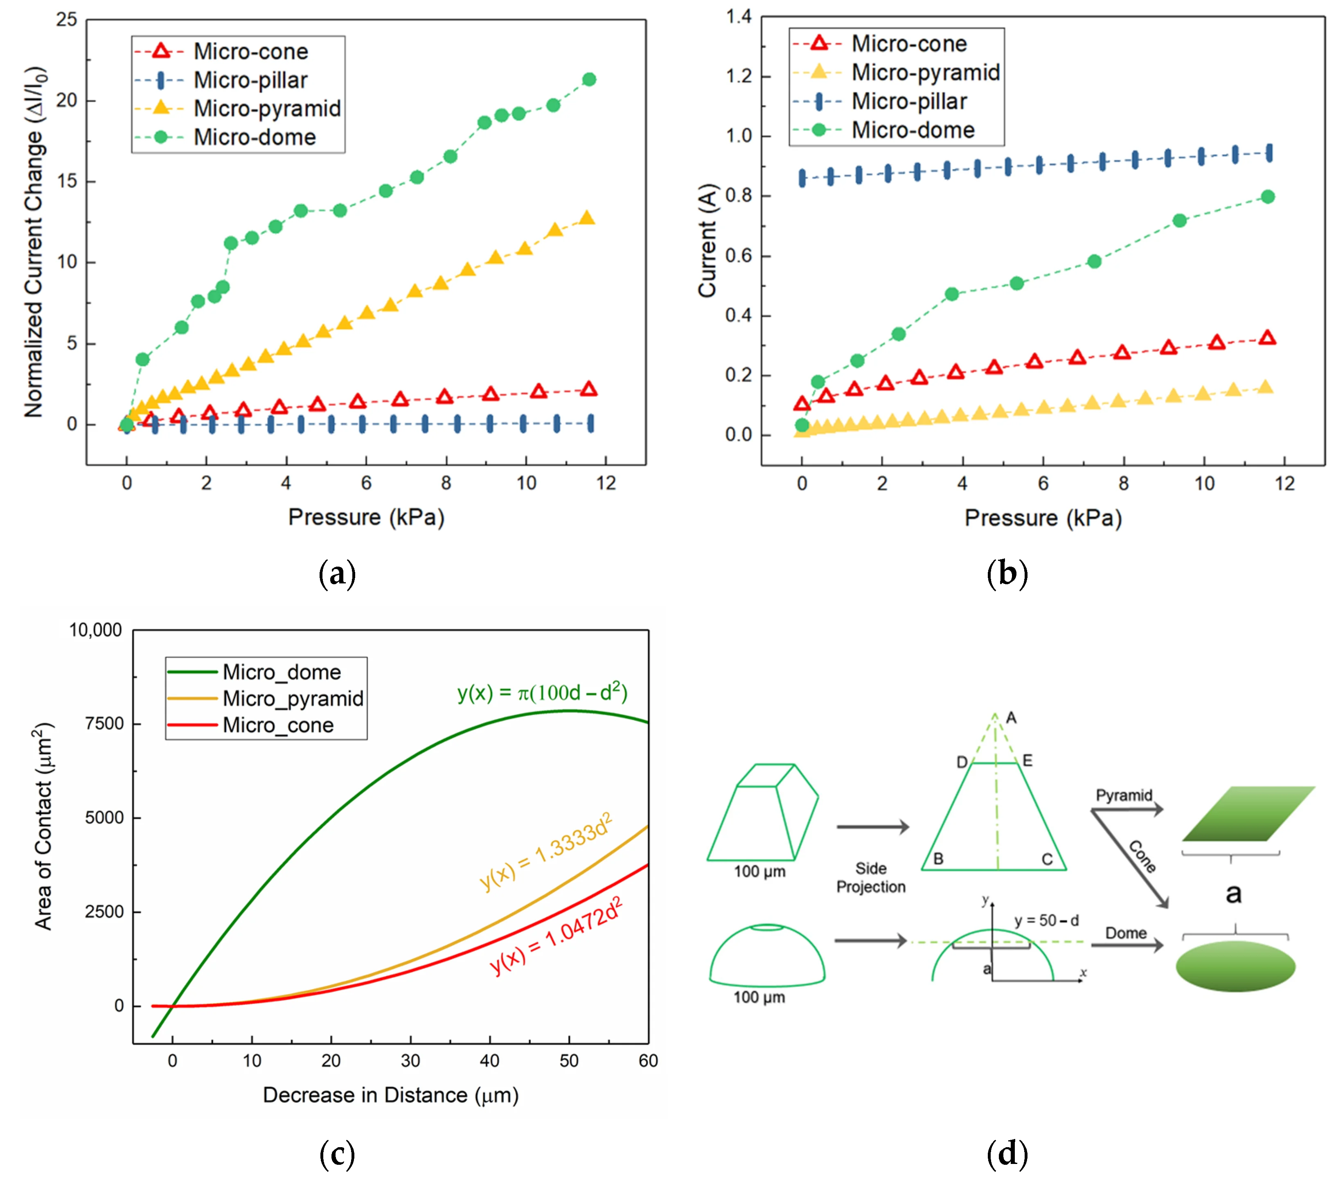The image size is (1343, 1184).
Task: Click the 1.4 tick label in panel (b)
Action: tap(739, 16)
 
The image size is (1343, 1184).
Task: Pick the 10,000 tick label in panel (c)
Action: tap(96, 630)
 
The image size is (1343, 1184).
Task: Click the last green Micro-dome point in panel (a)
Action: tap(589, 79)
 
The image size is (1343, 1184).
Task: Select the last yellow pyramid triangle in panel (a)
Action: tap(587, 218)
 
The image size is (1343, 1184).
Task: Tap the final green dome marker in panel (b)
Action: tap(1268, 196)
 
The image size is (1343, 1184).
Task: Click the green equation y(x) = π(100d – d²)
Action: tap(543, 693)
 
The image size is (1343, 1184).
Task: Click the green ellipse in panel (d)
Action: tap(1235, 966)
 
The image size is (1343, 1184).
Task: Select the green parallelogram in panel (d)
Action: tap(1248, 813)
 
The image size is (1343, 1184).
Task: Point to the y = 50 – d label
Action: tap(1047, 921)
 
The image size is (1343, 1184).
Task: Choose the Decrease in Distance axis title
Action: tap(391, 1095)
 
